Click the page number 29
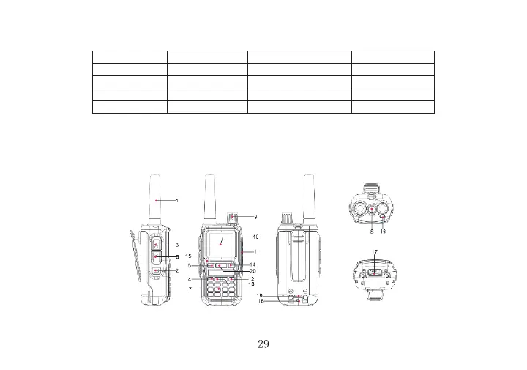(263, 344)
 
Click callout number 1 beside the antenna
(177, 201)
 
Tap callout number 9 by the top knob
(255, 217)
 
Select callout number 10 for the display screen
(255, 237)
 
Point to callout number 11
(256, 251)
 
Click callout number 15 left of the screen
(188, 256)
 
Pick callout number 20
(253, 271)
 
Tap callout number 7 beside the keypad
(190, 289)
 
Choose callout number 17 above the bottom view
(375, 251)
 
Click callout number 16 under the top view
(383, 232)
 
